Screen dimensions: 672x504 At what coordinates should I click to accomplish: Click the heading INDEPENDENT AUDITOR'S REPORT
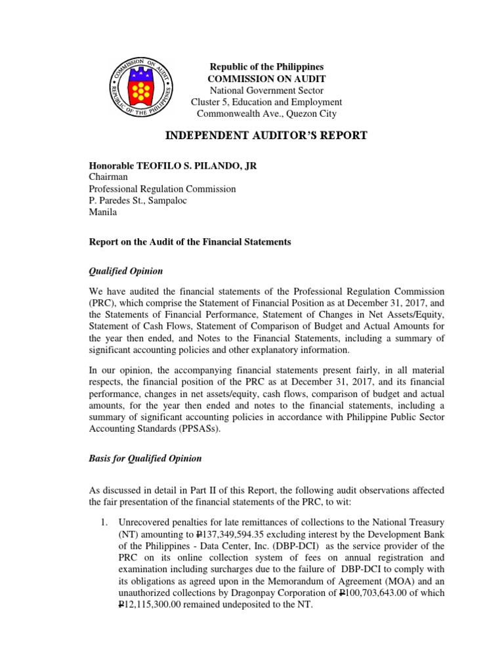(x=266, y=136)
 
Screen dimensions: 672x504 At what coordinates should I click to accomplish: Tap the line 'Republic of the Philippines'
(x=266, y=67)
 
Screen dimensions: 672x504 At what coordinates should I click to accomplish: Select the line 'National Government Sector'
(x=266, y=90)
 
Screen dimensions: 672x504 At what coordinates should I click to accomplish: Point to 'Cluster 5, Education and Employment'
(x=266, y=102)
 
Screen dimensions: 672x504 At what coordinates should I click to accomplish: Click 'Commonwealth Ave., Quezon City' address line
(x=266, y=114)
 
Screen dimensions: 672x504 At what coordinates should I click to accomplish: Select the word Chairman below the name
(x=108, y=177)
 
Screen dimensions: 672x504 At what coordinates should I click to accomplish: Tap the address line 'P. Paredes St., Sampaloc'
(x=138, y=201)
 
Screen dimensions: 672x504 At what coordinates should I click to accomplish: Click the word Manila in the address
(x=104, y=213)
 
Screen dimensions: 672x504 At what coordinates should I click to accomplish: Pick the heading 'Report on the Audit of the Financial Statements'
(x=190, y=242)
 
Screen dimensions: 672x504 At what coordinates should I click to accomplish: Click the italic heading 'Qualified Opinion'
(x=126, y=271)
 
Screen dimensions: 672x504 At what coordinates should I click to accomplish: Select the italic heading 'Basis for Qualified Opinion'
(x=145, y=458)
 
